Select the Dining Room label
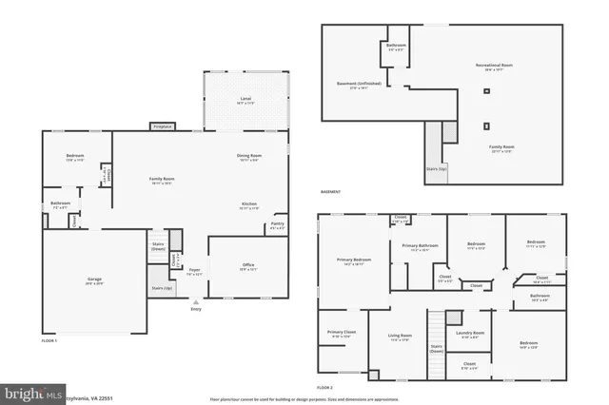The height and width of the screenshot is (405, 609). [x=249, y=156]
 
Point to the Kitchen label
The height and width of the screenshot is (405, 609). [x=249, y=204]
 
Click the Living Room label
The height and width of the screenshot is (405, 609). [x=399, y=337]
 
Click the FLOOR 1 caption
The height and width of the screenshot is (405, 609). [x=49, y=339]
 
